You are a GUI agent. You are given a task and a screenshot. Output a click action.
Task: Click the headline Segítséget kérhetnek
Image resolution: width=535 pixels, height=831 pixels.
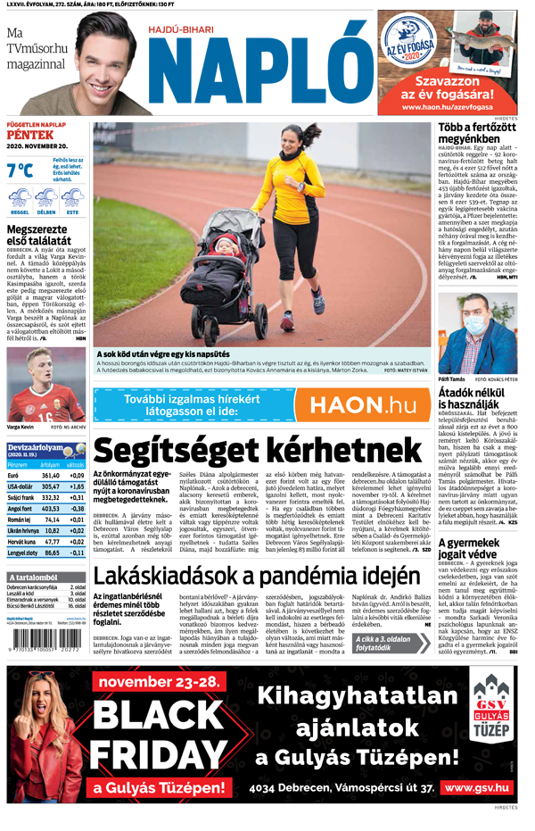tap(258, 449)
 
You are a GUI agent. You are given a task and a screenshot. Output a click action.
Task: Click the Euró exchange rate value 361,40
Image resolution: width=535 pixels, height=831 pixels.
tap(51, 476)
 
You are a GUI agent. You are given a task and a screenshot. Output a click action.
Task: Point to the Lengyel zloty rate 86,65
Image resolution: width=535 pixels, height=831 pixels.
tap(51, 553)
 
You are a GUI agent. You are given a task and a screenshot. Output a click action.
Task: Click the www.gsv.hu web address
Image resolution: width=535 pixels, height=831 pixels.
tap(477, 788)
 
